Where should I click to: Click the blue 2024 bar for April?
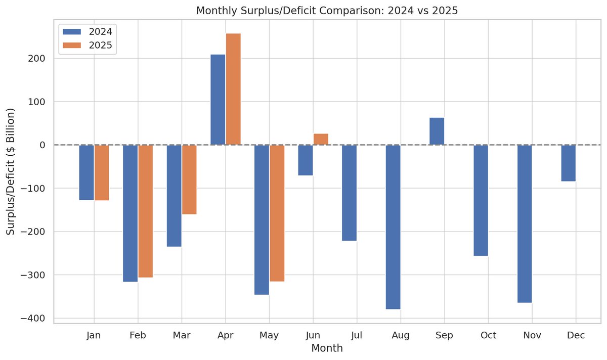tap(218, 100)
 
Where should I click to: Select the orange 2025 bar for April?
tap(233, 89)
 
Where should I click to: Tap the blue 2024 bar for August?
tap(393, 227)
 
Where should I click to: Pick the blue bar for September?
tap(437, 131)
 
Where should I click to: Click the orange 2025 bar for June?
tap(321, 139)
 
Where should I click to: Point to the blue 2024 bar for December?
tap(568, 163)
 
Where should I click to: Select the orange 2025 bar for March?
tap(189, 179)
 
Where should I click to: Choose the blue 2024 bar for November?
tap(525, 223)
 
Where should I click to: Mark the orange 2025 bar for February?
tap(146, 211)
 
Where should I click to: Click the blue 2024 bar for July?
tap(350, 193)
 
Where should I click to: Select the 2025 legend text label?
tap(100, 46)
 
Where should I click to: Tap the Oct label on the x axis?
tap(488, 335)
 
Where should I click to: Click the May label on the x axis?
tap(269, 335)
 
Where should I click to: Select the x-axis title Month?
tap(327, 348)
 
